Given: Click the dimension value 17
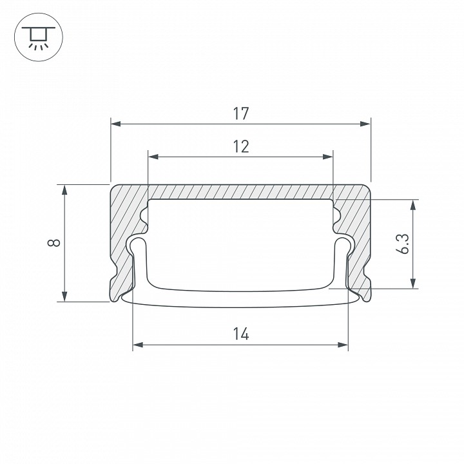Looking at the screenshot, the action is point(241,114).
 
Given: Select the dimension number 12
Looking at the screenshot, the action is point(241,146).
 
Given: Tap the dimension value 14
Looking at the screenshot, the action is point(241,334).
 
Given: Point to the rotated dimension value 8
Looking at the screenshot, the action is point(54,243).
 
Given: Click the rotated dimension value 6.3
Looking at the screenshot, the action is point(402,244).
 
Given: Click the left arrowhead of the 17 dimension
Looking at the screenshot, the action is point(116,124).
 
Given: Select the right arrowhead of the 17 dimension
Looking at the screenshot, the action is point(365,124).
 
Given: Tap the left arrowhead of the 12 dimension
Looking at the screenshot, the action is point(153,157).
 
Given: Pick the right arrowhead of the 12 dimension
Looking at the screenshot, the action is point(328,157).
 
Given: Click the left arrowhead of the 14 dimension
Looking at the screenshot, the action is point(138,345).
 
